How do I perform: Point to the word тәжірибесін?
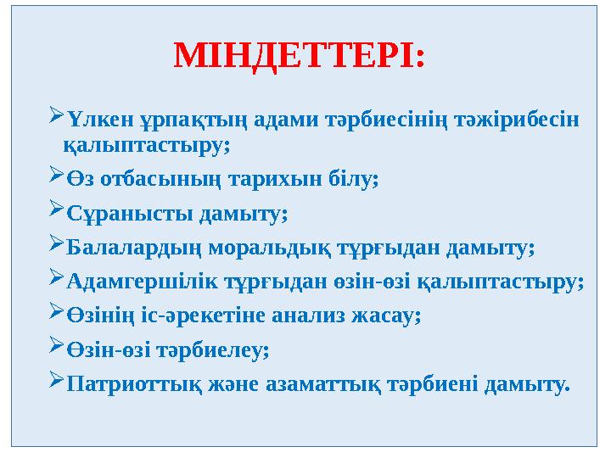(527, 119)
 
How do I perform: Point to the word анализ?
(311, 316)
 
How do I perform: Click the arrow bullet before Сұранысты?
(54, 212)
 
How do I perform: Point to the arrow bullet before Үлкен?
(54, 117)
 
